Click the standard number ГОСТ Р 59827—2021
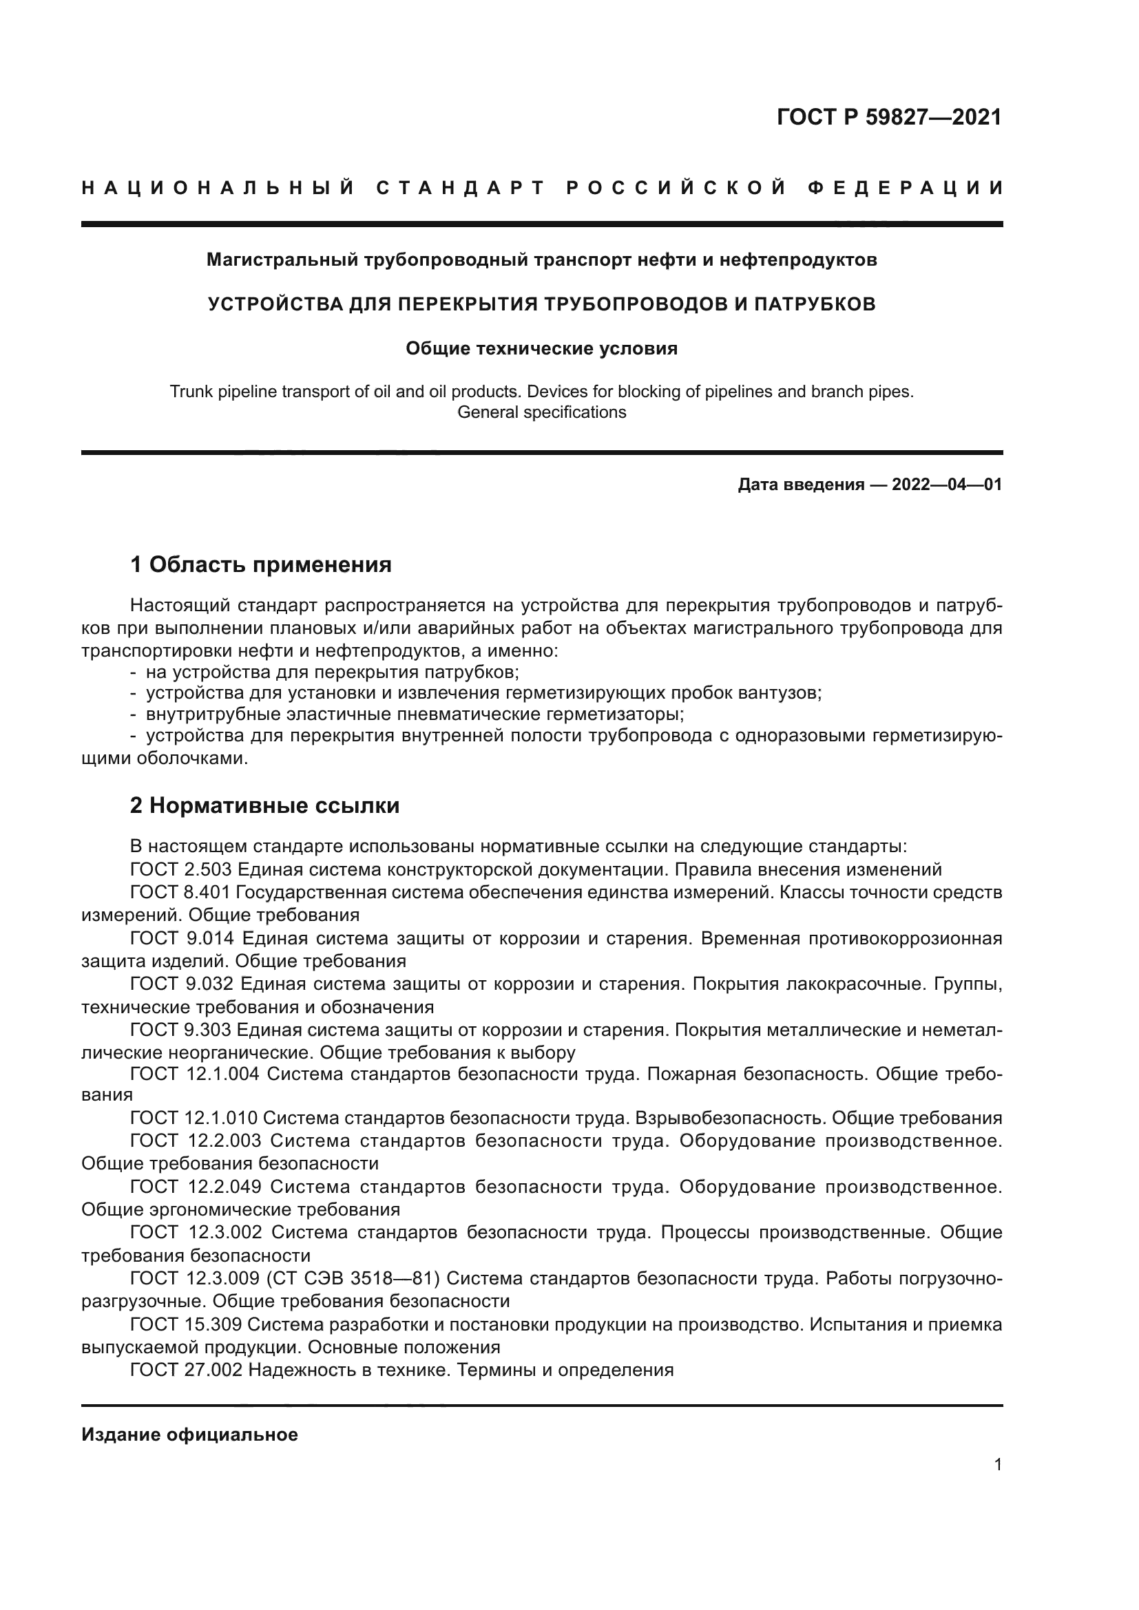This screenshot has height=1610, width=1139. [888, 117]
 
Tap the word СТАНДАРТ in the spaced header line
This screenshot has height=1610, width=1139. [460, 188]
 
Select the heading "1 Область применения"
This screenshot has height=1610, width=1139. [261, 564]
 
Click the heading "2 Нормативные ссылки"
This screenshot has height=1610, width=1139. [264, 806]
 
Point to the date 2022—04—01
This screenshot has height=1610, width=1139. [947, 485]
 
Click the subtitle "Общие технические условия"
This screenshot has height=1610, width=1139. [541, 348]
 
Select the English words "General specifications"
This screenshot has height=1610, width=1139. [541, 412]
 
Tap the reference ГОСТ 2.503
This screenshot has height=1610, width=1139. [181, 869]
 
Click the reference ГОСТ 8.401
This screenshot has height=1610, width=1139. [180, 893]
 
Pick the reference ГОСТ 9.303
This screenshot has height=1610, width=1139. [181, 1030]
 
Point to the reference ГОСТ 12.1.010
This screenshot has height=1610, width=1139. [194, 1118]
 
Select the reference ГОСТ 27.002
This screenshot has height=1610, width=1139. [186, 1370]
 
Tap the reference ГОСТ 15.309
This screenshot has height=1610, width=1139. [186, 1324]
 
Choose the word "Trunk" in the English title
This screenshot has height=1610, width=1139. [187, 392]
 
